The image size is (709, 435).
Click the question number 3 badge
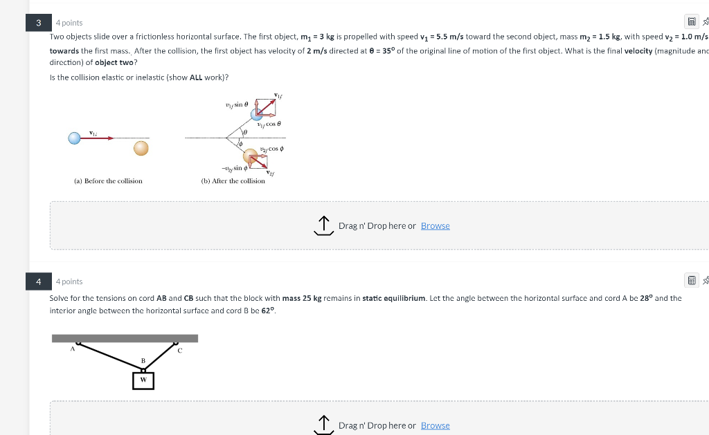point(39,23)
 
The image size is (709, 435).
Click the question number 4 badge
point(39,281)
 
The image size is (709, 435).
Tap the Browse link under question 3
point(435,226)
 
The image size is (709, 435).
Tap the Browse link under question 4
point(435,425)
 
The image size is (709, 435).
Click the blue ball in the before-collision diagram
point(74,138)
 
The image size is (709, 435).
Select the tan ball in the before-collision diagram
point(141,147)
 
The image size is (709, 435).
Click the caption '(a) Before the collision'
point(108,181)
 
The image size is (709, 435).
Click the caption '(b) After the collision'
point(233,181)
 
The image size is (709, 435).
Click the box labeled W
point(143,380)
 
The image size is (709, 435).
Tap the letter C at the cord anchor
point(180,350)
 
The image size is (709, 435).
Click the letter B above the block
point(143,361)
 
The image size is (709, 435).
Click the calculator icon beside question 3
point(690,23)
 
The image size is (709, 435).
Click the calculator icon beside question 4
point(690,281)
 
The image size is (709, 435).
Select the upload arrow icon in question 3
point(323,225)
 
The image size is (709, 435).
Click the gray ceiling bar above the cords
point(125,338)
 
